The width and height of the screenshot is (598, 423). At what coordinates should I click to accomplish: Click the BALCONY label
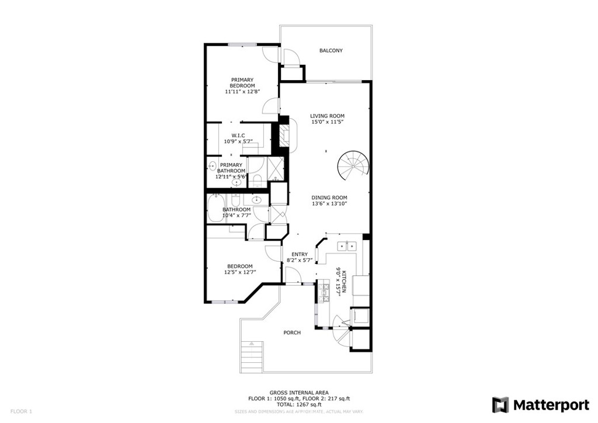pos(331,51)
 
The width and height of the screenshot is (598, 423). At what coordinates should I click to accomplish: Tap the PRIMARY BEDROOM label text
pos(242,82)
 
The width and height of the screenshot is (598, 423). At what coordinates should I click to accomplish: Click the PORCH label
pos(292,332)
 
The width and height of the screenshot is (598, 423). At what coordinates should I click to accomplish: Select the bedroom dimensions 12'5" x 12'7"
pos(240,272)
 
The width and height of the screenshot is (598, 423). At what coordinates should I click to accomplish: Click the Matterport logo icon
pos(500,405)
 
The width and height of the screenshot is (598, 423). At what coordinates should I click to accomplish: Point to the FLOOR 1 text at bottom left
pos(20,411)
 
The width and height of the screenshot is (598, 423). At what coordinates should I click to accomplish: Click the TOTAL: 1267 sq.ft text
pos(298,404)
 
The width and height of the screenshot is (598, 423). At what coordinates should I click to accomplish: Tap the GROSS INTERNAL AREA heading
pos(298,393)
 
